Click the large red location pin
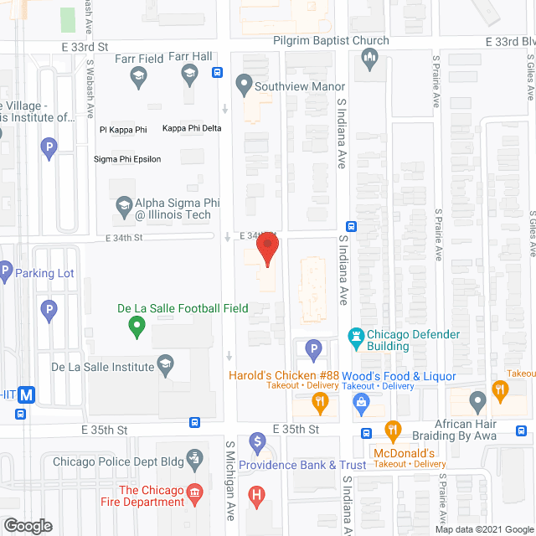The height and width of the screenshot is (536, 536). click(267, 250)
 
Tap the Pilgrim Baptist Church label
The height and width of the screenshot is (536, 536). click(332, 40)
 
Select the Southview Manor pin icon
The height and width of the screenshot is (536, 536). click(244, 83)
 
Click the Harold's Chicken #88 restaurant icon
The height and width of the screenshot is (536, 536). click(320, 404)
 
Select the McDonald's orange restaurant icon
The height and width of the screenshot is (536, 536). click(392, 431)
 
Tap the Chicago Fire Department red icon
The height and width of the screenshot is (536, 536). click(195, 490)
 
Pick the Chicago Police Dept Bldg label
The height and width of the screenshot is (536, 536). click(116, 461)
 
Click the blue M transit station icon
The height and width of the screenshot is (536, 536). click(28, 395)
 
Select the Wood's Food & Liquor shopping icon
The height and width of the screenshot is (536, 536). click(362, 404)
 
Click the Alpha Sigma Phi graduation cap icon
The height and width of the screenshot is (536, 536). click(124, 204)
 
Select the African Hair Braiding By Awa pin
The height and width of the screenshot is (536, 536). click(477, 402)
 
